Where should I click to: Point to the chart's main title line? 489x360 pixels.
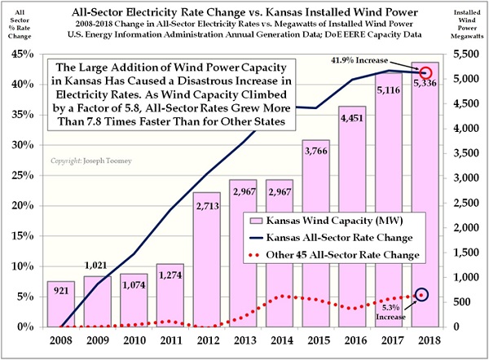point(244,10)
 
